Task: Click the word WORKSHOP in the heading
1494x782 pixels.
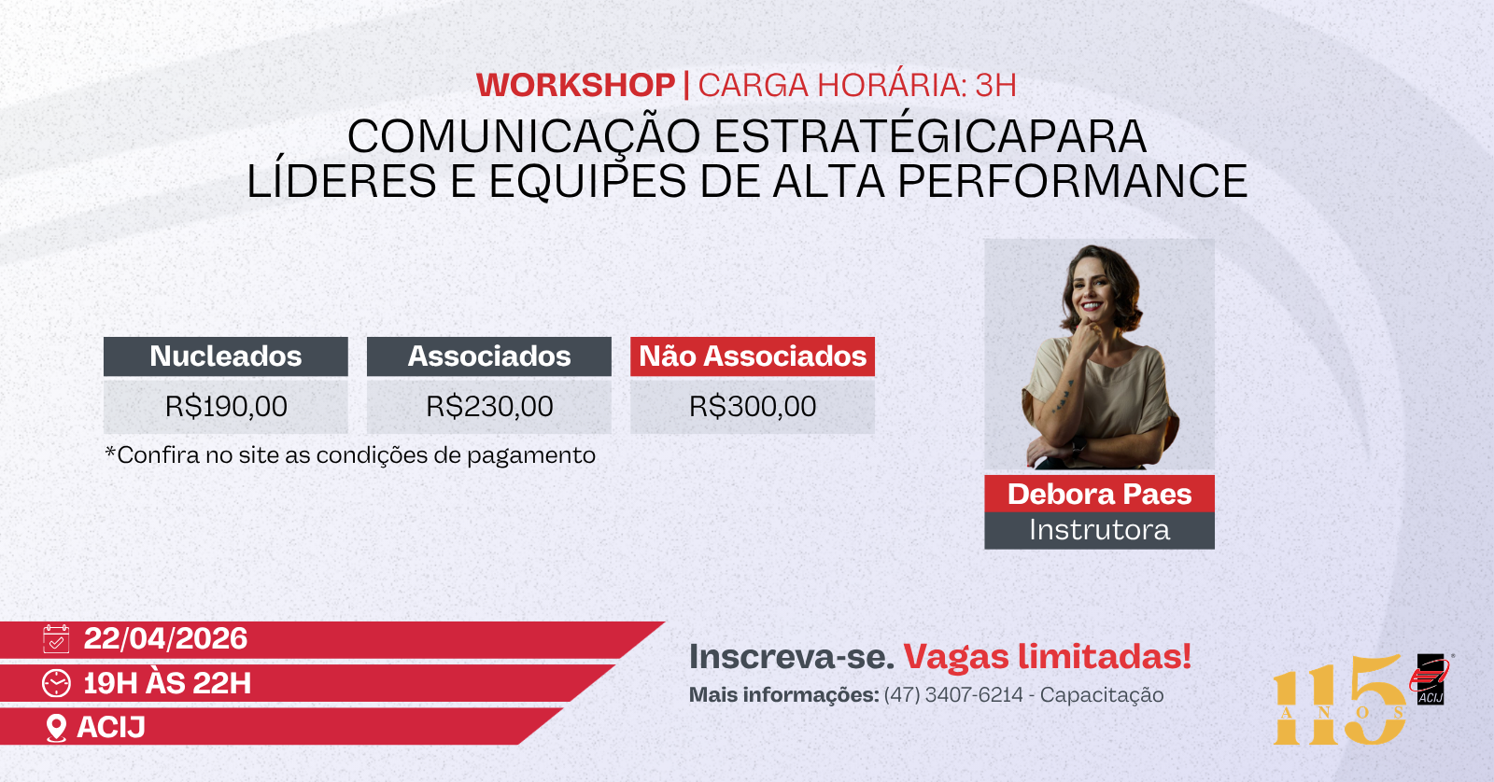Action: point(575,85)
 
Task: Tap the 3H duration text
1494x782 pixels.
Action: point(995,85)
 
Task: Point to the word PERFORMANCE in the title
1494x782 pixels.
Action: point(1073,181)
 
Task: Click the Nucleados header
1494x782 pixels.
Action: point(225,356)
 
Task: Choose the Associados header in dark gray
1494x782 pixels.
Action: point(489,356)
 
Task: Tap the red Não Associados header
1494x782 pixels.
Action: point(753,356)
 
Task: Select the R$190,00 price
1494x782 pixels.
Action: point(226,406)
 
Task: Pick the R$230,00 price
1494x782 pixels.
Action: point(489,406)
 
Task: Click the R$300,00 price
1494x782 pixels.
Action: point(753,406)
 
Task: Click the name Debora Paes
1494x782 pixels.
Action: point(1099,494)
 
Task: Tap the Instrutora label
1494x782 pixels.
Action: point(1099,530)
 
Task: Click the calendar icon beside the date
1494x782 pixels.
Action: point(56,638)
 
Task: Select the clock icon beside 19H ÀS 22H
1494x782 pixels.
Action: point(56,683)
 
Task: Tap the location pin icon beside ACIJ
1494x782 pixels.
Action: point(56,728)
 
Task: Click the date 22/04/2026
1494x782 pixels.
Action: point(165,638)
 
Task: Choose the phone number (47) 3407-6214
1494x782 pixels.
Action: point(953,694)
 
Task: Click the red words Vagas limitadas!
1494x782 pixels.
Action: point(1047,656)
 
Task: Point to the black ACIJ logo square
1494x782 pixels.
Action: point(1430,679)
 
